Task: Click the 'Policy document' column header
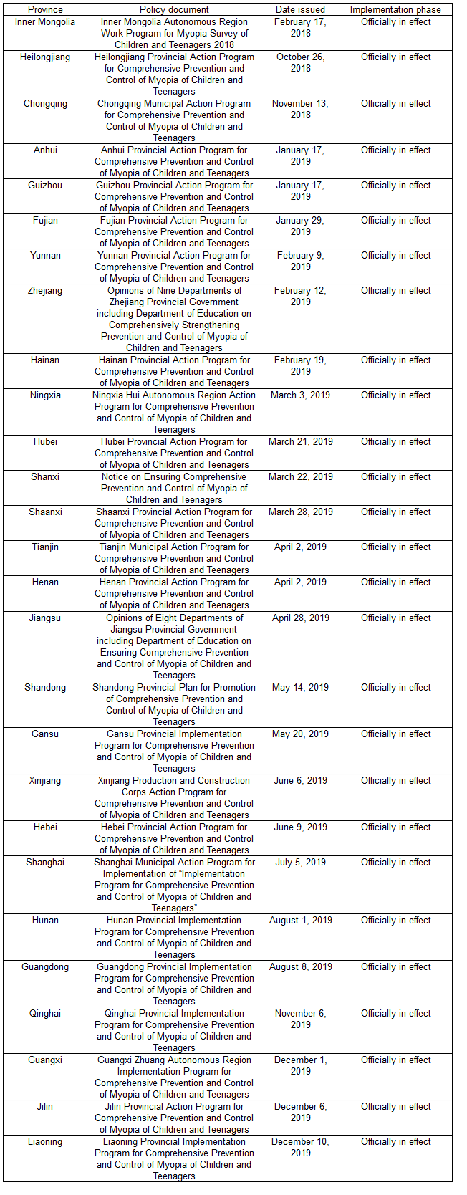pyautogui.click(x=174, y=10)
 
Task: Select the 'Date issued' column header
pyautogui.click(x=300, y=10)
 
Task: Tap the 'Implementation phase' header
pyautogui.click(x=395, y=10)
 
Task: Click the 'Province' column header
pyautogui.click(x=45, y=10)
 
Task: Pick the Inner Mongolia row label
pyautogui.click(x=45, y=22)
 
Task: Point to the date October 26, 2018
pyautogui.click(x=300, y=63)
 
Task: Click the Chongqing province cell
pyautogui.click(x=45, y=104)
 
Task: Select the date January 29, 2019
pyautogui.click(x=300, y=226)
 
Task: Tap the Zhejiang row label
pyautogui.click(x=45, y=291)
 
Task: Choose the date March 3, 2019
pyautogui.click(x=300, y=395)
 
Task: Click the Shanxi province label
pyautogui.click(x=45, y=477)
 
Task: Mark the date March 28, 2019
pyautogui.click(x=300, y=512)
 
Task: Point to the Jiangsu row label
pyautogui.click(x=45, y=618)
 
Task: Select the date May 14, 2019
pyautogui.click(x=300, y=688)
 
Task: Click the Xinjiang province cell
pyautogui.click(x=45, y=781)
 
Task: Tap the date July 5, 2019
pyautogui.click(x=300, y=863)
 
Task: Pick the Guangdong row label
pyautogui.click(x=45, y=967)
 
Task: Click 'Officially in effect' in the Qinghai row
pyautogui.click(x=395, y=1014)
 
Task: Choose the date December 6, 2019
pyautogui.click(x=300, y=1113)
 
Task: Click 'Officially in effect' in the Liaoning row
pyautogui.click(x=395, y=1142)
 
